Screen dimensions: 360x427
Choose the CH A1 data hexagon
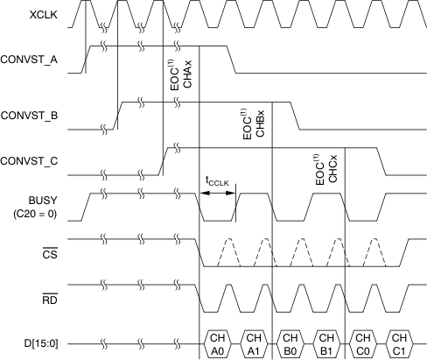(x=254, y=342)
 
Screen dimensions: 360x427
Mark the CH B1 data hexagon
(x=326, y=342)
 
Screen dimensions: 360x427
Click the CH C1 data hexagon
(x=399, y=342)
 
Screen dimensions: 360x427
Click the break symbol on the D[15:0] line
(x=104, y=342)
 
